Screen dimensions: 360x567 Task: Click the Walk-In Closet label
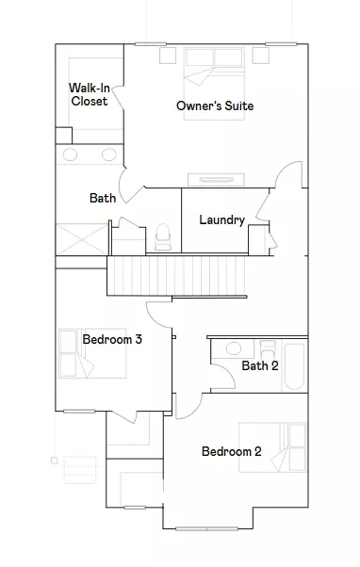click(x=90, y=94)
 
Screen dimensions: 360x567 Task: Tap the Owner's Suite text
click(x=215, y=105)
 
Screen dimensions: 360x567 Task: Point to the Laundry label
click(x=222, y=219)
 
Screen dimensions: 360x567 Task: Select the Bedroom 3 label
click(x=112, y=339)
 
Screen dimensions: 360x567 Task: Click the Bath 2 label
click(x=260, y=365)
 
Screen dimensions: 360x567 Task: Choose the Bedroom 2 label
click(x=232, y=451)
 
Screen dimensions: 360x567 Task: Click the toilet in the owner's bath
click(x=163, y=237)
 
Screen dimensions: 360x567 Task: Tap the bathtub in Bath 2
click(x=294, y=366)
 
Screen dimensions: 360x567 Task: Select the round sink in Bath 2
click(x=234, y=348)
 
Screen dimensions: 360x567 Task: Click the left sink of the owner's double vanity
click(x=70, y=154)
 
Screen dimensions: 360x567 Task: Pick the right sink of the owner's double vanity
click(x=109, y=154)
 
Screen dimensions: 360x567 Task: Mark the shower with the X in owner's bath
click(x=82, y=239)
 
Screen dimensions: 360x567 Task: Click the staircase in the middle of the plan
click(x=176, y=276)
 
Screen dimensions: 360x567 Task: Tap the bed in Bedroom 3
click(x=92, y=353)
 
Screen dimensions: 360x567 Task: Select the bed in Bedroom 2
click(x=272, y=447)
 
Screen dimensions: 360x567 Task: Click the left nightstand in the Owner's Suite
click(x=168, y=56)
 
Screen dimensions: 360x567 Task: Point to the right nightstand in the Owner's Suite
click(x=260, y=56)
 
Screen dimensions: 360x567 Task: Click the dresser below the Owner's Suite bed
click(x=216, y=180)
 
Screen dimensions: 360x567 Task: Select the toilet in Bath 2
click(x=268, y=348)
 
